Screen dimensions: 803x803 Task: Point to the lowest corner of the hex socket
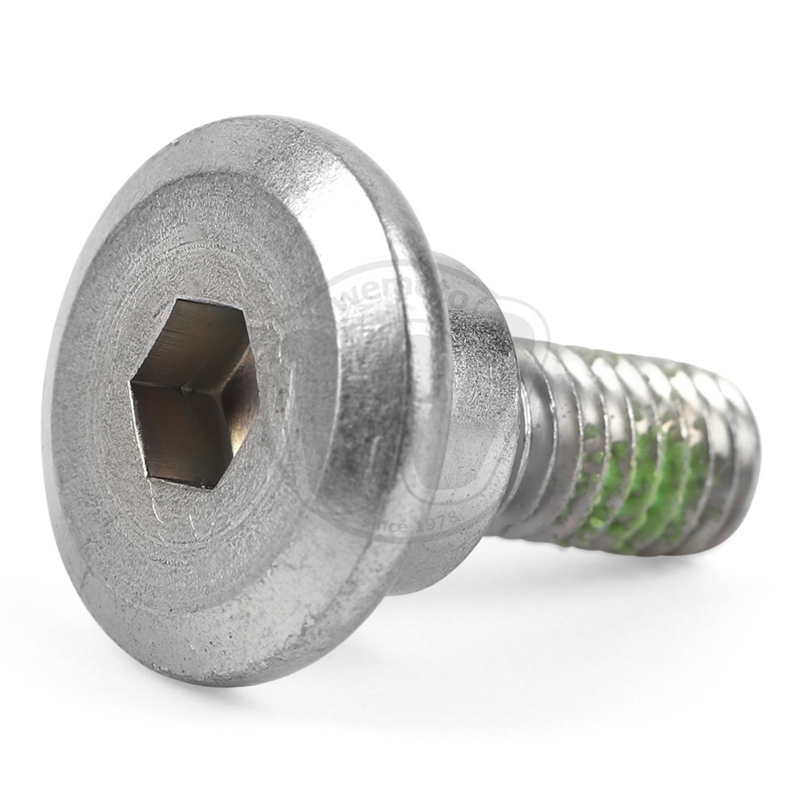coord(198,487)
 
